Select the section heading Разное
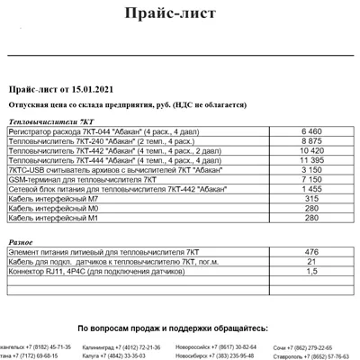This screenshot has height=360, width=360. coord(21,242)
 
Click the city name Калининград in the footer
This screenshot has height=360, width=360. coord(99,346)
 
